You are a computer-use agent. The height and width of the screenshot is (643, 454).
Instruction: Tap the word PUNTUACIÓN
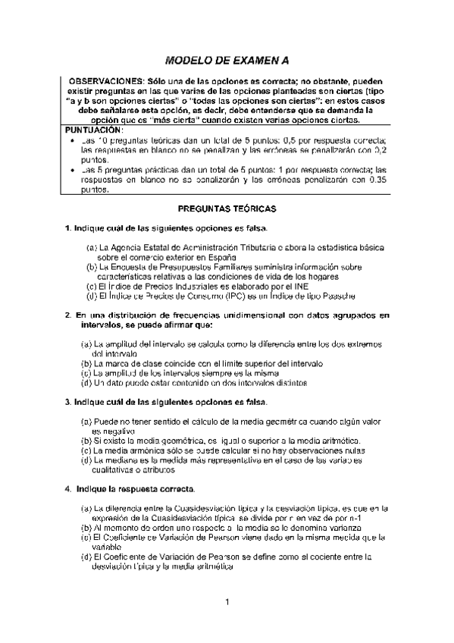click(x=95, y=130)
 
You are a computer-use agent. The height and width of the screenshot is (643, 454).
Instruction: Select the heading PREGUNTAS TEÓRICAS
click(x=227, y=207)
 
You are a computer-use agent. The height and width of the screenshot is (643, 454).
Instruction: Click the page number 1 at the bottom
click(x=227, y=602)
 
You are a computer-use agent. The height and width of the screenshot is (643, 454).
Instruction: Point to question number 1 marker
click(x=67, y=228)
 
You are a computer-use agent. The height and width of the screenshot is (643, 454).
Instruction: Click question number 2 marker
click(x=67, y=313)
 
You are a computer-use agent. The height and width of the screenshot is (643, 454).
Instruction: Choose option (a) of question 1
click(x=91, y=248)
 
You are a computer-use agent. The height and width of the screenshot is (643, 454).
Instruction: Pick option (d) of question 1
click(x=92, y=296)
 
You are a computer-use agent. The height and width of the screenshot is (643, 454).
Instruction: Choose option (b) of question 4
click(x=86, y=526)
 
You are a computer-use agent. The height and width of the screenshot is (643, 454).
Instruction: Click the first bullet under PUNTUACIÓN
click(x=71, y=141)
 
